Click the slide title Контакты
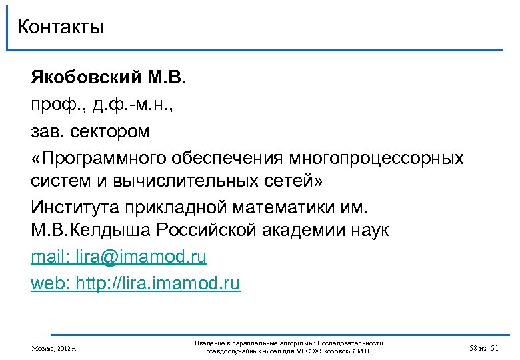tap(61, 27)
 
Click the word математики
tap(279, 205)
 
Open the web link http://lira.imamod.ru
tap(157, 283)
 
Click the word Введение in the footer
tap(209, 343)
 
